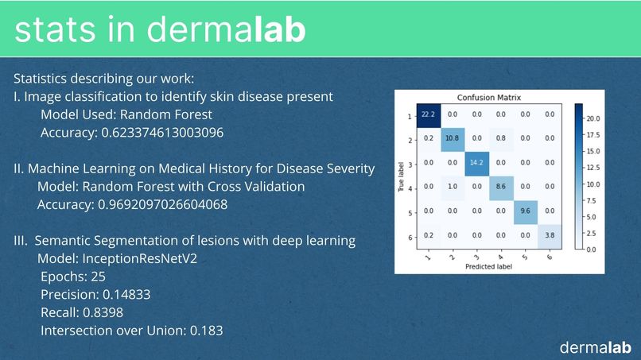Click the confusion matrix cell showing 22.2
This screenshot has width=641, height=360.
pos(429,114)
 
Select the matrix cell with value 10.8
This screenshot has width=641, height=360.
pos(453,137)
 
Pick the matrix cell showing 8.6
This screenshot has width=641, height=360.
pos(500,188)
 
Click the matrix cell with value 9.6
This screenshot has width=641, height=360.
pos(524,211)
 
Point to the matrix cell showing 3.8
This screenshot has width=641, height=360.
pos(549,235)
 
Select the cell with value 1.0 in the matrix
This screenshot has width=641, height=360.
pos(453,188)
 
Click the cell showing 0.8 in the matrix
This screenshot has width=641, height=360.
pos(500,137)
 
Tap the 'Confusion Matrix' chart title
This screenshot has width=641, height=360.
pos(488,97)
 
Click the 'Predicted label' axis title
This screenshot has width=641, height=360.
pos(488,266)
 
